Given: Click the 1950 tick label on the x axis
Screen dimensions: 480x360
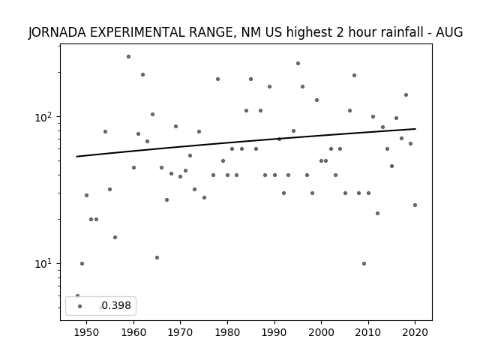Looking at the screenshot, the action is point(87,332).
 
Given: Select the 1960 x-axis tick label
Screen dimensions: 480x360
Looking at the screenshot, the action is point(133,332).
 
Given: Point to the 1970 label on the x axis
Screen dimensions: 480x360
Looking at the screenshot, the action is point(180,332).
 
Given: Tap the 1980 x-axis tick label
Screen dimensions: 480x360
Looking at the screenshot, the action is point(227,332).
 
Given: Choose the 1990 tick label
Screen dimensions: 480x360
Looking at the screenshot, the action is point(274,332).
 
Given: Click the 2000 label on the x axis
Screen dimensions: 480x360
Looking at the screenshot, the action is point(321,332).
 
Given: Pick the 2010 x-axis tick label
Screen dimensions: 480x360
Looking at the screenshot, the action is point(368,332).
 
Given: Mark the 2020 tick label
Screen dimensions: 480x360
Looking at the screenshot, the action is point(415,332).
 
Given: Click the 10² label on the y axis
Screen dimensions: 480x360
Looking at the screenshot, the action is point(46,117).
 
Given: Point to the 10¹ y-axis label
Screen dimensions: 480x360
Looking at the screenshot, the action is point(46,264).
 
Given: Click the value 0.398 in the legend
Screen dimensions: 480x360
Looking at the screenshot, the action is point(116,305).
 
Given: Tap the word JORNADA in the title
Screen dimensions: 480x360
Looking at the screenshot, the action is point(57,32).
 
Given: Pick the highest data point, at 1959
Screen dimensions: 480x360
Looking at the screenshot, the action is point(128,57).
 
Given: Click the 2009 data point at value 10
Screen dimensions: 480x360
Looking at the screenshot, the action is point(364,263).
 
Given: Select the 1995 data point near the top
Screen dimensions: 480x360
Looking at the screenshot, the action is point(298,63).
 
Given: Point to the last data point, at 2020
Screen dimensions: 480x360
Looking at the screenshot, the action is point(415,205).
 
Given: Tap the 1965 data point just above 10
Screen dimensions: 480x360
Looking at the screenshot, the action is point(157,258).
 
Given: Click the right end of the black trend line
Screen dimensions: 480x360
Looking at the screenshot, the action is point(415,129).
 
